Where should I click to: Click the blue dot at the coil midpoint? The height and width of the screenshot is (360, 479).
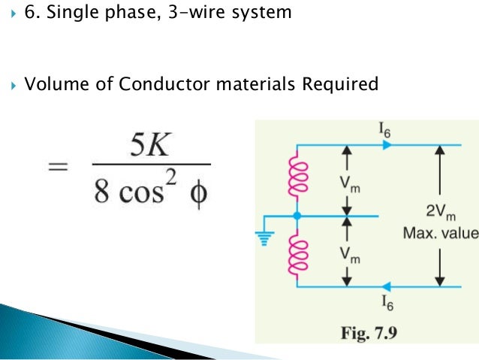click(x=297, y=216)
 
